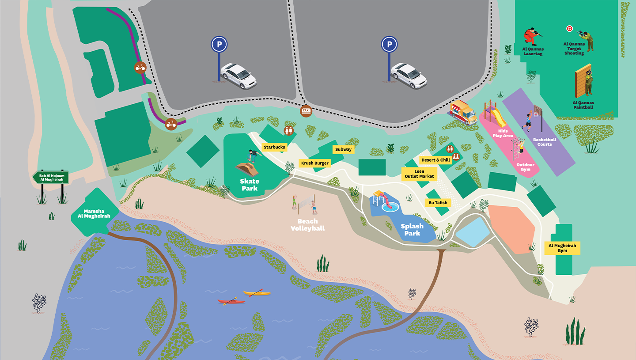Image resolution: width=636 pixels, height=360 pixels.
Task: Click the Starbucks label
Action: pyautogui.click(x=274, y=147)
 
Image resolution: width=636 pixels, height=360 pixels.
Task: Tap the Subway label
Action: pyautogui.click(x=343, y=149)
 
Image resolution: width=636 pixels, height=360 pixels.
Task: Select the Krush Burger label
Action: pyautogui.click(x=315, y=163)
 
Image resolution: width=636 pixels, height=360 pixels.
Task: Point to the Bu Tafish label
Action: pyautogui.click(x=438, y=203)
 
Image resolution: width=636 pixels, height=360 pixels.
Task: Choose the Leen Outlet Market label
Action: pyautogui.click(x=419, y=174)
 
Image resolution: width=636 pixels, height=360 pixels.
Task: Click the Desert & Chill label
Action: pyautogui.click(x=435, y=160)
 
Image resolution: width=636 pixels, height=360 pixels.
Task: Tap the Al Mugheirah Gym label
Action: pyautogui.click(x=562, y=248)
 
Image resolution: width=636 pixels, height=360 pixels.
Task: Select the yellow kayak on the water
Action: pyautogui.click(x=257, y=293)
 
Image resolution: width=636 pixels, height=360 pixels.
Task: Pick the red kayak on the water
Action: pyautogui.click(x=231, y=302)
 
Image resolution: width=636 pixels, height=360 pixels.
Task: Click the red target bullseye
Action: pyautogui.click(x=569, y=29)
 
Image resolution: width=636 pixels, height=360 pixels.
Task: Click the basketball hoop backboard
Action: pyautogui.click(x=538, y=113)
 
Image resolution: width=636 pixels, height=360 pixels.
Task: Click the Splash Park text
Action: pyautogui.click(x=412, y=229)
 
